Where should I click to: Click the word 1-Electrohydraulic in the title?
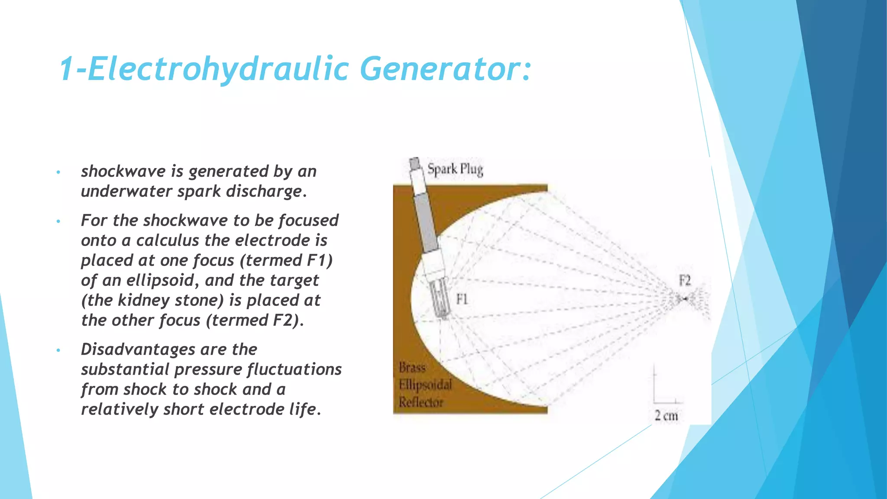point(204,69)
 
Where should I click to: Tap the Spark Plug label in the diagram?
point(455,169)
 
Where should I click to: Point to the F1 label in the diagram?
point(462,299)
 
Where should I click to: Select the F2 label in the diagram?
point(685,281)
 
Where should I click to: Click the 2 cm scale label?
point(666,416)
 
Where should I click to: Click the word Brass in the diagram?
point(412,368)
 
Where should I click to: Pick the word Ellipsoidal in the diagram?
point(425,385)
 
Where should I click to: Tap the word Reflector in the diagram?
point(421,402)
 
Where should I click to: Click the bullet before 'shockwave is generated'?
point(58,172)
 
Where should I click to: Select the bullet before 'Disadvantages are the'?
point(58,350)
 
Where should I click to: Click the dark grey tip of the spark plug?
point(415,163)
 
